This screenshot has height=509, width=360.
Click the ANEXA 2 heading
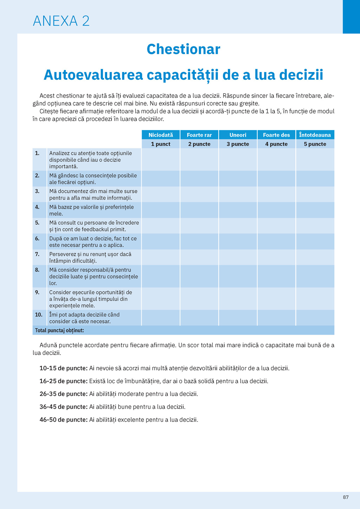point(61,21)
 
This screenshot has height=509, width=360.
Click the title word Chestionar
point(183,49)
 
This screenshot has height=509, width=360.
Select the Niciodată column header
point(161,135)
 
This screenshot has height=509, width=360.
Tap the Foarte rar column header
point(199,135)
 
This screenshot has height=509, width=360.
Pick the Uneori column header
point(238,135)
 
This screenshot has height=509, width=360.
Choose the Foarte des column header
point(276,135)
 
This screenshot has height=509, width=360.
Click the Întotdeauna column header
point(315,135)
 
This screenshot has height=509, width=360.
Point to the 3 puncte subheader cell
point(238,144)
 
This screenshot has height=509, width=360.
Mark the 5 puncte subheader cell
point(315,144)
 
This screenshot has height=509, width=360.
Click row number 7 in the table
point(37,254)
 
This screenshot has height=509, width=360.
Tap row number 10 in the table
point(39,315)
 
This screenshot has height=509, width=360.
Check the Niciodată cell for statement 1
point(161,160)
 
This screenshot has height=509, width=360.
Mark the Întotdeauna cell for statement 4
point(315,210)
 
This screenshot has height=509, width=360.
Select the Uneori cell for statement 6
point(238,241)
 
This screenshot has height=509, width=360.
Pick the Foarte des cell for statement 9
point(276,299)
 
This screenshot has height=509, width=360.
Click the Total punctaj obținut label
point(59,330)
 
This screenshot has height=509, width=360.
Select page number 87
point(346,497)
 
